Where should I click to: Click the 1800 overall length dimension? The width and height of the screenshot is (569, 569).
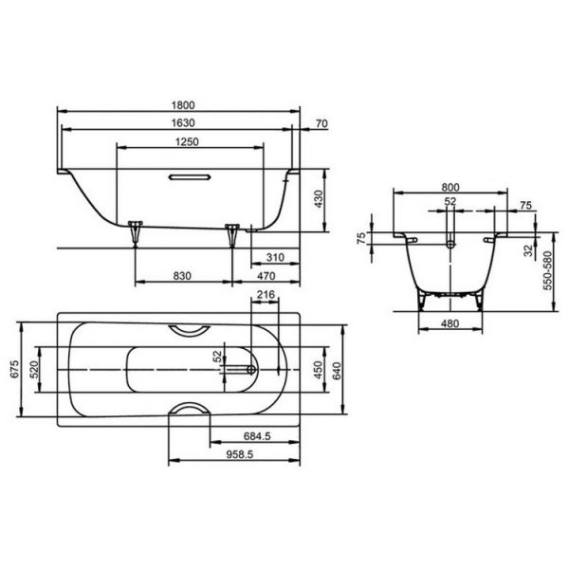(x=183, y=105)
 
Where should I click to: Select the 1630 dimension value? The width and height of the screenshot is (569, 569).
(x=183, y=123)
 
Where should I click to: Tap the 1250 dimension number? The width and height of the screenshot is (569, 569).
(x=187, y=141)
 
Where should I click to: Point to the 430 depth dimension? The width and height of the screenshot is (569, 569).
(x=319, y=199)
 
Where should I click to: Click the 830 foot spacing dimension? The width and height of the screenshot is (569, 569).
(x=182, y=276)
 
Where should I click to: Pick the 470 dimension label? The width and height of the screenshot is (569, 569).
(x=266, y=276)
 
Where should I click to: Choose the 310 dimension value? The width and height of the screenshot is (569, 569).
(x=275, y=257)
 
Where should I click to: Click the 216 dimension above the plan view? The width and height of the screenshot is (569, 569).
(x=266, y=294)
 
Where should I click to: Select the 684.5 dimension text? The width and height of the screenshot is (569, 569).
(x=257, y=436)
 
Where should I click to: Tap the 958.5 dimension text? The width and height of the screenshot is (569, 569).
(x=240, y=454)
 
